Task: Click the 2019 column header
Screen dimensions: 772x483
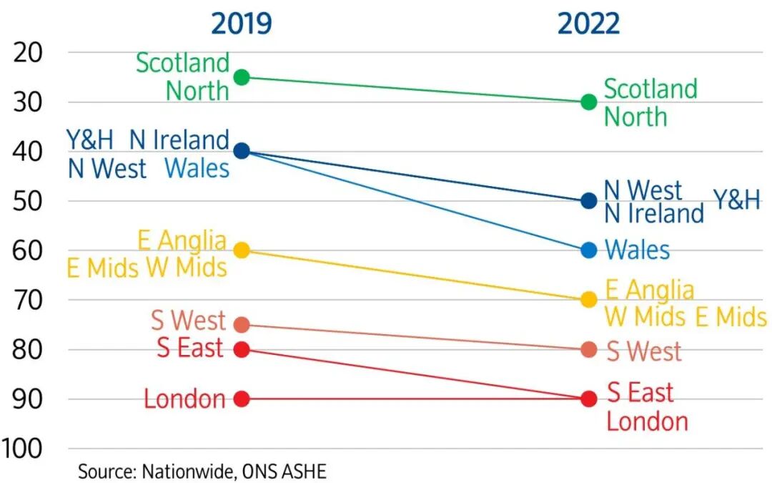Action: (242, 23)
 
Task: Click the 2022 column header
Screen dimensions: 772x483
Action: (588, 23)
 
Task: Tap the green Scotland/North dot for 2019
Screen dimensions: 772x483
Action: (242, 77)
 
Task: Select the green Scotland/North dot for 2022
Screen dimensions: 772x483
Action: (589, 102)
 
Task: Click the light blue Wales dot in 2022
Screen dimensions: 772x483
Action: (589, 250)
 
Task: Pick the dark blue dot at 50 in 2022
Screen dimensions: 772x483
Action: (589, 200)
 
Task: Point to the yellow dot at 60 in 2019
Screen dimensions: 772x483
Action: (242, 250)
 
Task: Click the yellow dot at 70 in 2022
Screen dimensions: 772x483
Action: (589, 299)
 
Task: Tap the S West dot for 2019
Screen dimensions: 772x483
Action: (242, 325)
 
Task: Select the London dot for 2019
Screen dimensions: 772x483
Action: (242, 399)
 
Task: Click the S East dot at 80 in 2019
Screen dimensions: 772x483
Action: (242, 349)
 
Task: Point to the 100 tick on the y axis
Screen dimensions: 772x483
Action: (21, 449)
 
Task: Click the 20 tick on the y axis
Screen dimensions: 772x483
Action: (29, 52)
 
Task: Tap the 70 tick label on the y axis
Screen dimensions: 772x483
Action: (29, 300)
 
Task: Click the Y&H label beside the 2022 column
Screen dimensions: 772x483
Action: (737, 200)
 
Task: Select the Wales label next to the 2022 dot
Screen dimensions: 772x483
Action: (637, 250)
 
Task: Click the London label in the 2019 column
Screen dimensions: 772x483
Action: (184, 399)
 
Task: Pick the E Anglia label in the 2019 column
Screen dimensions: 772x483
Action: (182, 241)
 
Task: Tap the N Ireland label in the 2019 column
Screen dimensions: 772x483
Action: (179, 140)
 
